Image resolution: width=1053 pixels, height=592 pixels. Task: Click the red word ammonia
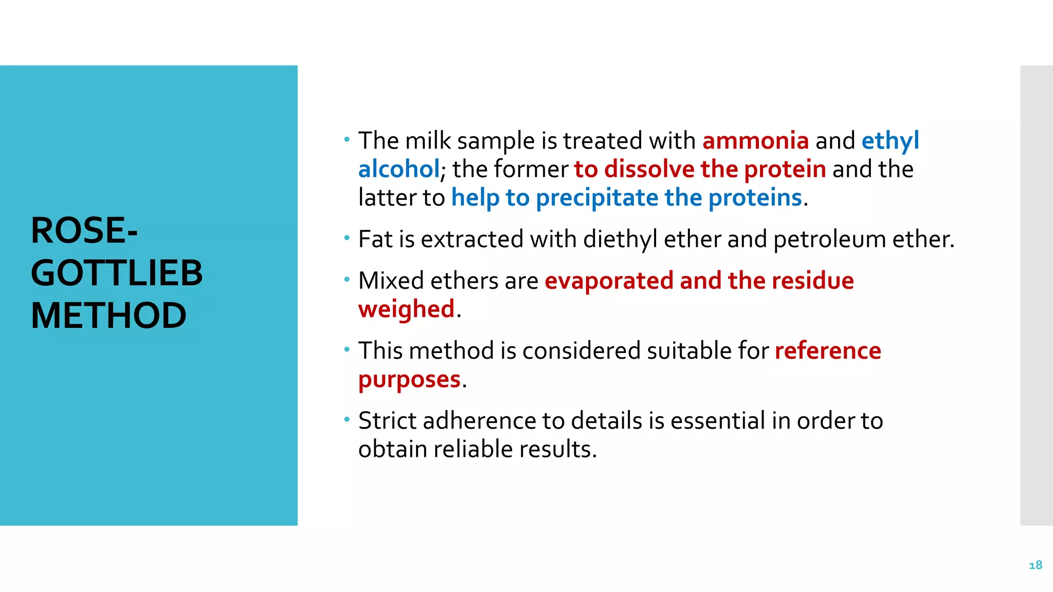755,141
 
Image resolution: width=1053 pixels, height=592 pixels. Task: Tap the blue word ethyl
890,141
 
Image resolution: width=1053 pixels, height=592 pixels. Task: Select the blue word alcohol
399,169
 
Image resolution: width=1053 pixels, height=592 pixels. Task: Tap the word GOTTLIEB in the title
117,273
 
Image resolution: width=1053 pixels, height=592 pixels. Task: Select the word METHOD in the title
108,316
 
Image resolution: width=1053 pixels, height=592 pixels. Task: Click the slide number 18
1035,565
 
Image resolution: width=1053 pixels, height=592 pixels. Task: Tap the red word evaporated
609,281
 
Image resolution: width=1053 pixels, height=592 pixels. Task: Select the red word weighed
406,309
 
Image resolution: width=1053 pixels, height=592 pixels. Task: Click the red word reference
828,351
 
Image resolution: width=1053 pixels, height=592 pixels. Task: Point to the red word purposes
409,380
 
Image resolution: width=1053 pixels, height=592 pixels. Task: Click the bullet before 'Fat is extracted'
347,238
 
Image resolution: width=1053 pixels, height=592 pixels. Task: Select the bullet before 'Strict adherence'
347,419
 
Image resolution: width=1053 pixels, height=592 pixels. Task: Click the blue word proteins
755,198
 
